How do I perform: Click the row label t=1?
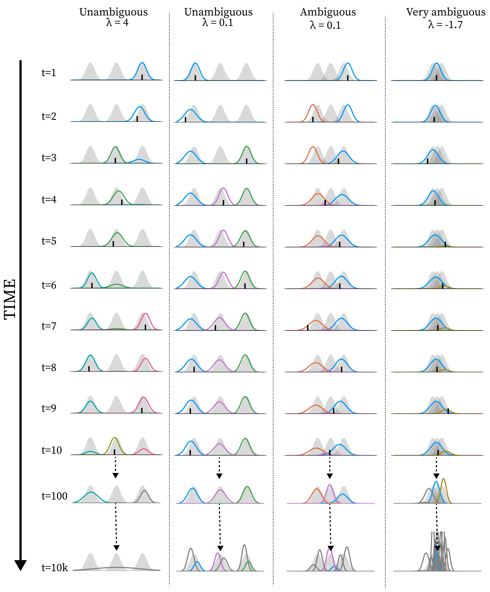49,73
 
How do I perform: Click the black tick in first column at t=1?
142,77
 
